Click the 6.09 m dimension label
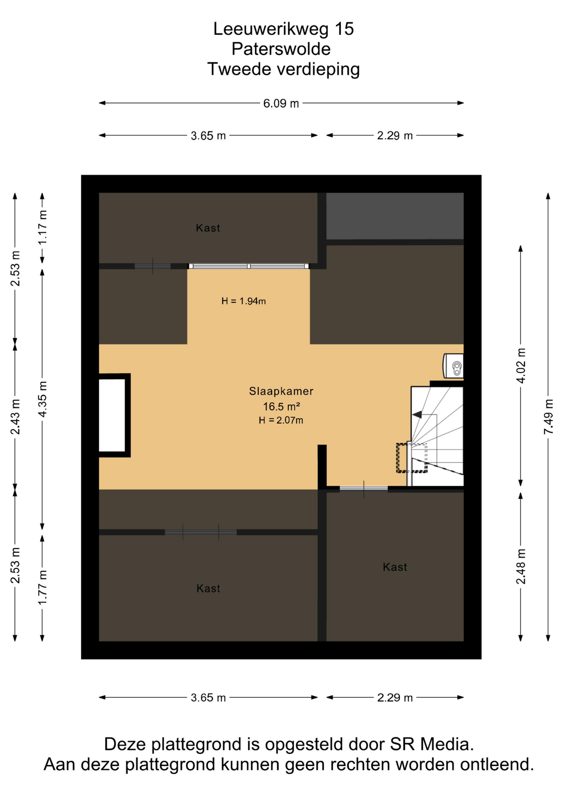(281, 103)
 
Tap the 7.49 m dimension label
(548, 417)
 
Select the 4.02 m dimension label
(521, 366)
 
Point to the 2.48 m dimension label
(521, 566)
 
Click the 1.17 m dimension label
(42, 228)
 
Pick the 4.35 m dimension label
(42, 399)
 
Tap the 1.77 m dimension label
(42, 587)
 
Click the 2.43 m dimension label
(15, 417)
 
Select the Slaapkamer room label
(281, 391)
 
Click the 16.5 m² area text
(281, 406)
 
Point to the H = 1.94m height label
(244, 301)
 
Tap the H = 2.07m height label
(281, 420)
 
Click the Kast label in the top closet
(208, 228)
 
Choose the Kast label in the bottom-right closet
(395, 567)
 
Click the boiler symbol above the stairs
(454, 366)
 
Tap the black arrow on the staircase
(417, 415)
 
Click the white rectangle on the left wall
(112, 415)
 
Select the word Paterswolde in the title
(281, 49)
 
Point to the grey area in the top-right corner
(395, 216)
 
